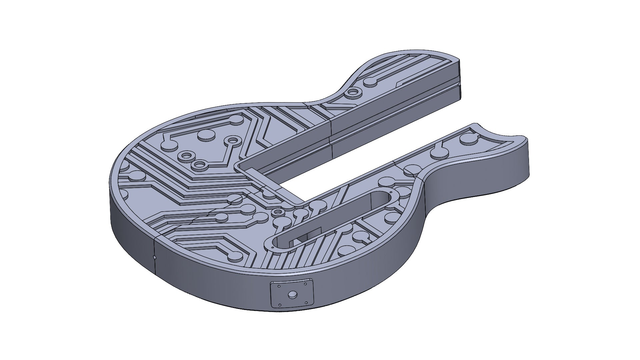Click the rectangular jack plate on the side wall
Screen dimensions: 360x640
tap(292, 294)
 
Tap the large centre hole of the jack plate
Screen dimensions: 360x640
tap(292, 294)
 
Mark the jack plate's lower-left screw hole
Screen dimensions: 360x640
tap(280, 305)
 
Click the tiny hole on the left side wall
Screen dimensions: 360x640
tap(154, 257)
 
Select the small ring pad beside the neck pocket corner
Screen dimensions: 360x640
tap(277, 212)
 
